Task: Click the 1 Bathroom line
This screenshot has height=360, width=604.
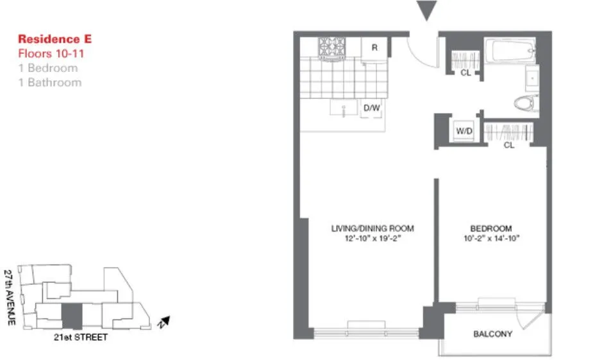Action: click(x=49, y=82)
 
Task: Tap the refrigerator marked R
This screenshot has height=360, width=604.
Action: click(x=374, y=48)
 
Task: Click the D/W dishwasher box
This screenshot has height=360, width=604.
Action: click(x=372, y=108)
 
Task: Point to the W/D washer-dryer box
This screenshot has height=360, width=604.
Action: click(x=464, y=132)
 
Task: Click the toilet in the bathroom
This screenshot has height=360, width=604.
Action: click(x=527, y=103)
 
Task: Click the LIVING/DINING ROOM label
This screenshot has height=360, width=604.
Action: click(x=372, y=228)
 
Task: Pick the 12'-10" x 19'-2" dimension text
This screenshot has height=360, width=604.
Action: click(x=372, y=239)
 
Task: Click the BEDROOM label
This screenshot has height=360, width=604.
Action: click(x=491, y=228)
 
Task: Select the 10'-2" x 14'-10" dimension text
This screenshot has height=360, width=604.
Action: click(x=491, y=239)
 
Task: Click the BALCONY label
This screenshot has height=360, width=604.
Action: click(x=492, y=334)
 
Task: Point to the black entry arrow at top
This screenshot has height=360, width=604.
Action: click(x=426, y=10)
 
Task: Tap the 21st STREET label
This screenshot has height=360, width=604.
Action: click(x=81, y=337)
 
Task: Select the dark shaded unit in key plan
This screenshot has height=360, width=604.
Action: click(x=72, y=317)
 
